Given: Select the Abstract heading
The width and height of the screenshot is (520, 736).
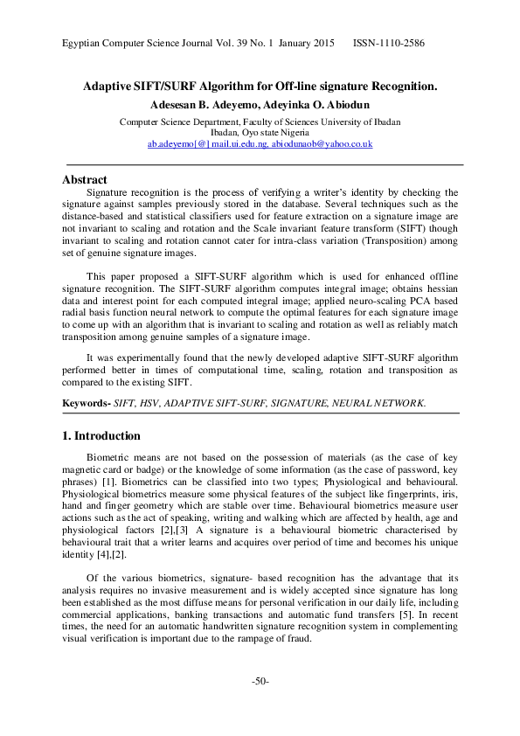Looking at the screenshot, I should [x=85, y=179].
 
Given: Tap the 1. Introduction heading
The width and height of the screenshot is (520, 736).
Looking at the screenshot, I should [x=101, y=435].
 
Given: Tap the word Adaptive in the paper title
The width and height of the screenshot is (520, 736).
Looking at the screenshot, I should [x=108, y=87].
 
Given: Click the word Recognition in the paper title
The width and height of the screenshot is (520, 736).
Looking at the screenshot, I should [x=400, y=87].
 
